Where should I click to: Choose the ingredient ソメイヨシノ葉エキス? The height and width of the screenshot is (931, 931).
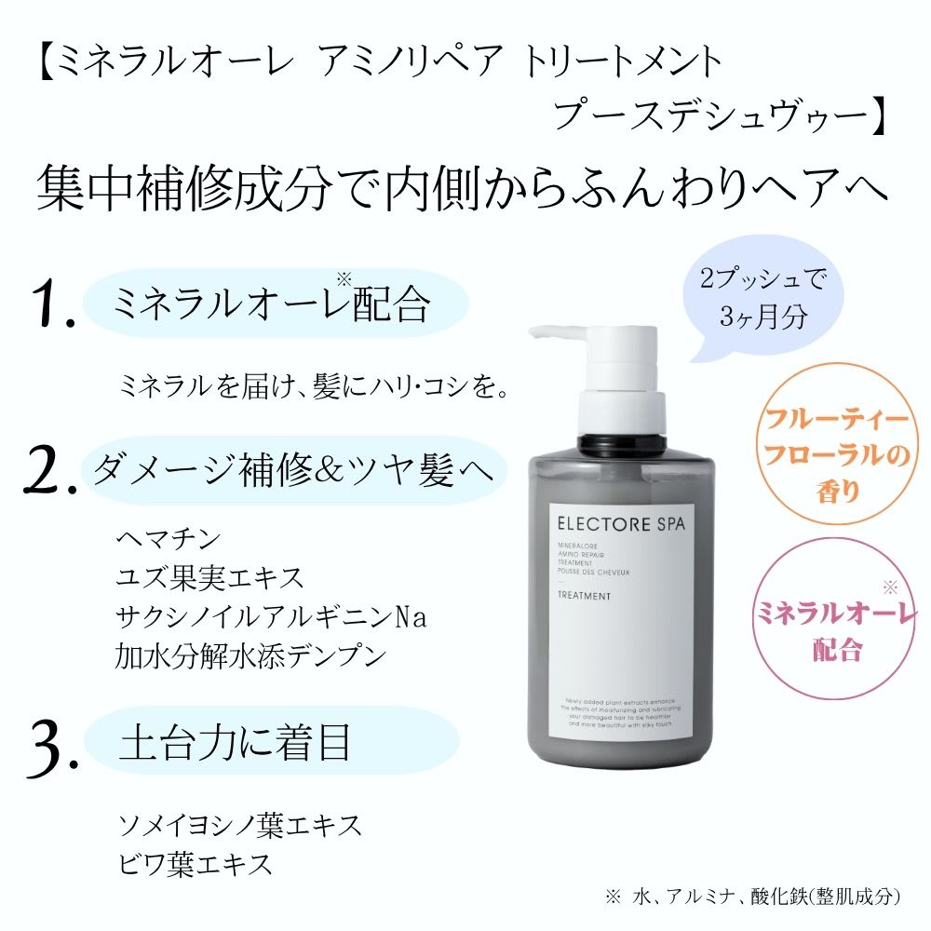point(238,824)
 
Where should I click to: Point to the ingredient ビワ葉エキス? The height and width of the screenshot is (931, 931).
point(196,863)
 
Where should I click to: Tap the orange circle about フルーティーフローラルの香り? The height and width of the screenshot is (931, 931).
point(832,455)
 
